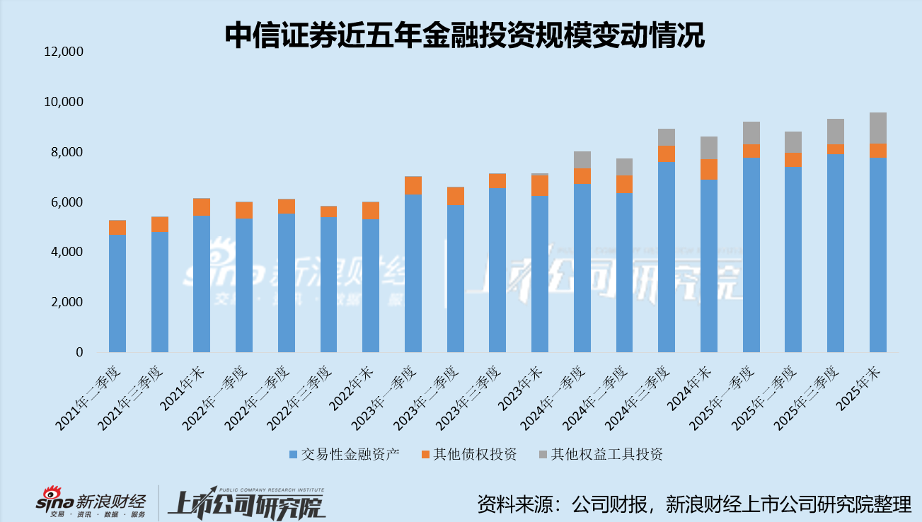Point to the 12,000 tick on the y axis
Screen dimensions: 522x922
point(64,52)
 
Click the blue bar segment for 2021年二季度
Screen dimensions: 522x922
point(117,294)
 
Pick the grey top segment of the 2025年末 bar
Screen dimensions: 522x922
point(878,128)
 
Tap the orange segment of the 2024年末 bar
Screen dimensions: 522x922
point(709,169)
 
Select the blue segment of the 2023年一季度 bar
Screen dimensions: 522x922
point(413,273)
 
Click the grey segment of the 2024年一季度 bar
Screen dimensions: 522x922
point(582,160)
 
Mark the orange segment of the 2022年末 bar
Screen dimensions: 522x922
point(371,210)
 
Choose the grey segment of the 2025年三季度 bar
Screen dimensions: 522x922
point(836,132)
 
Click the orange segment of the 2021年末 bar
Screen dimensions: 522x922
point(202,207)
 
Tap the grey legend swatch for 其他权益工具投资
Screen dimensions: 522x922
point(542,454)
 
